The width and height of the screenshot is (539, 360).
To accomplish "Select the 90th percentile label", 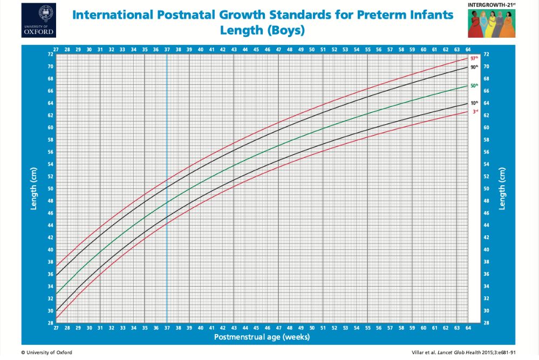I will tap(474, 67).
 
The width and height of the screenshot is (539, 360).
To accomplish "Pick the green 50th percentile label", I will tap(474, 86).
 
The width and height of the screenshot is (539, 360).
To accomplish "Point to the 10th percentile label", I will tap(474, 103).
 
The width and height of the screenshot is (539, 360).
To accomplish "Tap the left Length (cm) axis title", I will tap(33, 188).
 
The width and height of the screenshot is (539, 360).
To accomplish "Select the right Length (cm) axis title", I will tap(502, 188).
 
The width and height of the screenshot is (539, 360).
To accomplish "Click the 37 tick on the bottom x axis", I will tap(167, 328).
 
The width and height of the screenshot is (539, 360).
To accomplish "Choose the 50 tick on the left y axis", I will tap(51, 189).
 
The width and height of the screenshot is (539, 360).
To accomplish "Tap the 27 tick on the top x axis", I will tap(56, 50).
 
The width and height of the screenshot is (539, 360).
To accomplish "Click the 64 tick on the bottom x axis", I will tap(467, 328).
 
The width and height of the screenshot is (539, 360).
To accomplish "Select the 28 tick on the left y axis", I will tap(51, 323).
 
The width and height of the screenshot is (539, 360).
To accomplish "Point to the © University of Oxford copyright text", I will tap(46, 352).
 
